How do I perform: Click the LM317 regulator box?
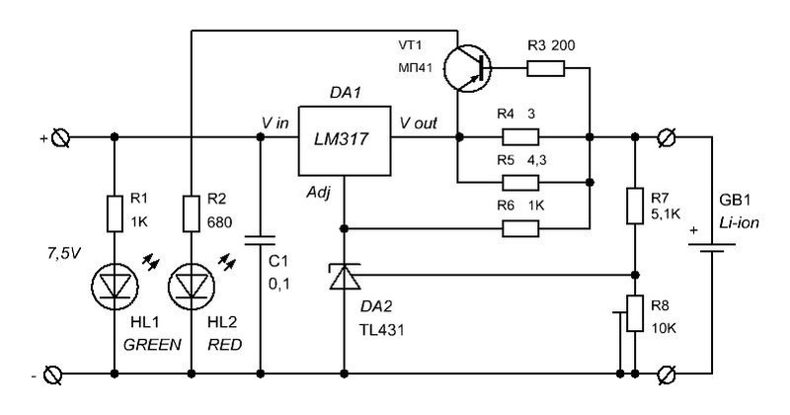[345, 140]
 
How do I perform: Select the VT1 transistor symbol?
[467, 68]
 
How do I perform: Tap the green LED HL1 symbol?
[115, 287]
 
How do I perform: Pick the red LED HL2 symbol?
[192, 287]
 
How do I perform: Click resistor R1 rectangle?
[115, 213]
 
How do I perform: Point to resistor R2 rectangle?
[192, 213]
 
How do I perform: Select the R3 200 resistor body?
[546, 68]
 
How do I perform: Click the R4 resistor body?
[520, 137]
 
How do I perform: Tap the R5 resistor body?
[520, 183]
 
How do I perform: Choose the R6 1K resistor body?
[520, 229]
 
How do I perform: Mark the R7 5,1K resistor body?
[635, 206]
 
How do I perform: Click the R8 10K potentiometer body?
[635, 313]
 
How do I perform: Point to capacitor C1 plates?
[260, 239]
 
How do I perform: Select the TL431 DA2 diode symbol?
[345, 277]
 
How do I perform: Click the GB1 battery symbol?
[711, 247]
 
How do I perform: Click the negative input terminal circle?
[53, 374]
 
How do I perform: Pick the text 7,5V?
[63, 254]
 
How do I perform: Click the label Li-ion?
[739, 223]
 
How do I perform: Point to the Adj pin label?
[319, 193]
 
